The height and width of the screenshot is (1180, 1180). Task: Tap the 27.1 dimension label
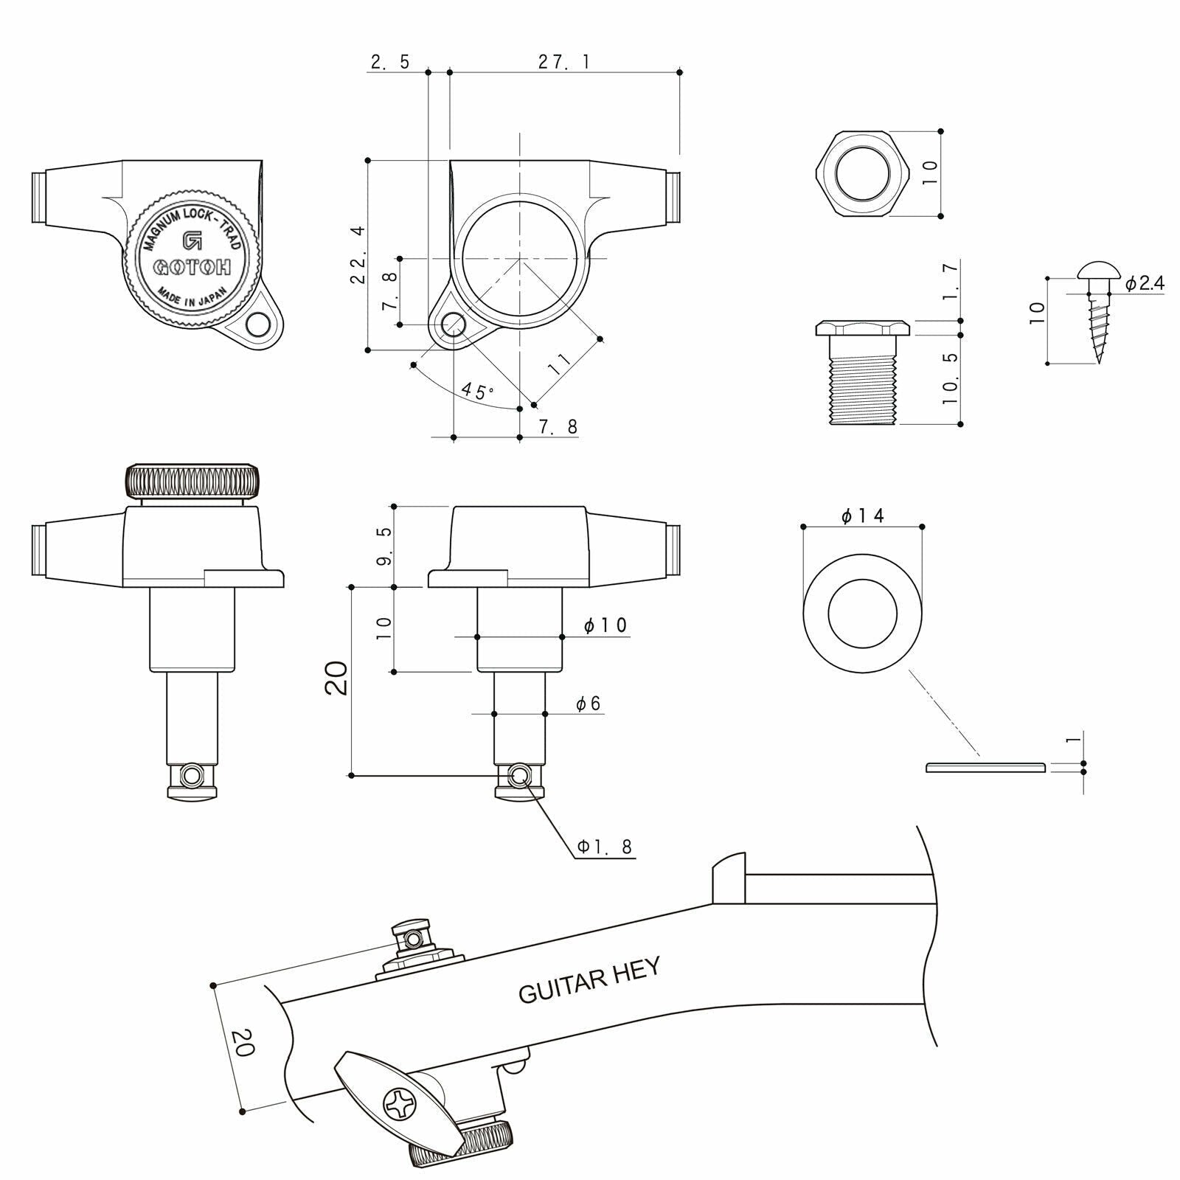[563, 62]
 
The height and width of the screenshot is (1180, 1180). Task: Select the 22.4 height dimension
[359, 255]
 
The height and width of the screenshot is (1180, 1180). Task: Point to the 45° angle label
[478, 390]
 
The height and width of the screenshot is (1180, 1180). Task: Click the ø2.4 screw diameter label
[1145, 283]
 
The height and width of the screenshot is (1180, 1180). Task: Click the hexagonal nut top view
[861, 174]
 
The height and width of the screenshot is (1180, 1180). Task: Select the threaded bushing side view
[861, 372]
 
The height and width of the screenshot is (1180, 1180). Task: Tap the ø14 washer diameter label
[862, 516]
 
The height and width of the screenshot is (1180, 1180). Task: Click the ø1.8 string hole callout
[605, 847]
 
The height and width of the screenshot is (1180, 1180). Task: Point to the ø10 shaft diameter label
[605, 626]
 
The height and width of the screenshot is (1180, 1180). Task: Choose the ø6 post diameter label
[589, 704]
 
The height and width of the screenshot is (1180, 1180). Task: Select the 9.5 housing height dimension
[383, 546]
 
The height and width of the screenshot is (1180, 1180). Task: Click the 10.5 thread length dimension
[951, 378]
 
